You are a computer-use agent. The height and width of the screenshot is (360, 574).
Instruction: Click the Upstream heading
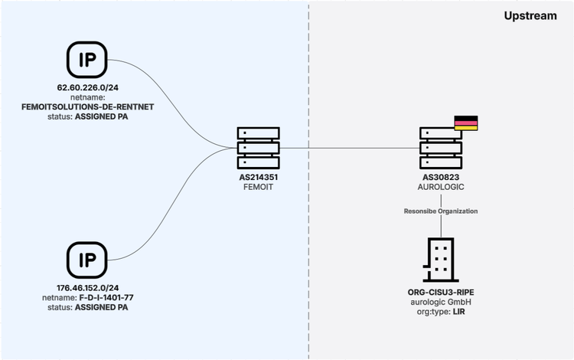point(530,15)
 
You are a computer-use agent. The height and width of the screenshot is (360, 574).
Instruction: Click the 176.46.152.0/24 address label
point(86,290)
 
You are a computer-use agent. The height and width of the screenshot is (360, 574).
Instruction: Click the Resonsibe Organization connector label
point(440,211)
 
